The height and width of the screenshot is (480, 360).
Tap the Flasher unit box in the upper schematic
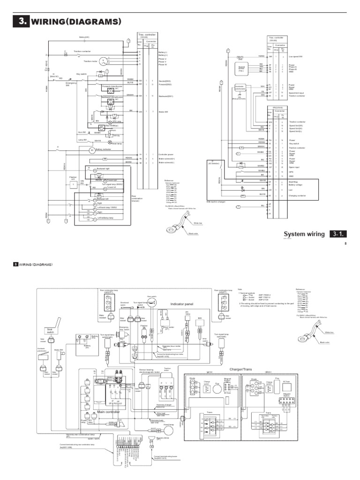74,185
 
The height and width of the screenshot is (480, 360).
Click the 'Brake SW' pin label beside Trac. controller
164,112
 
